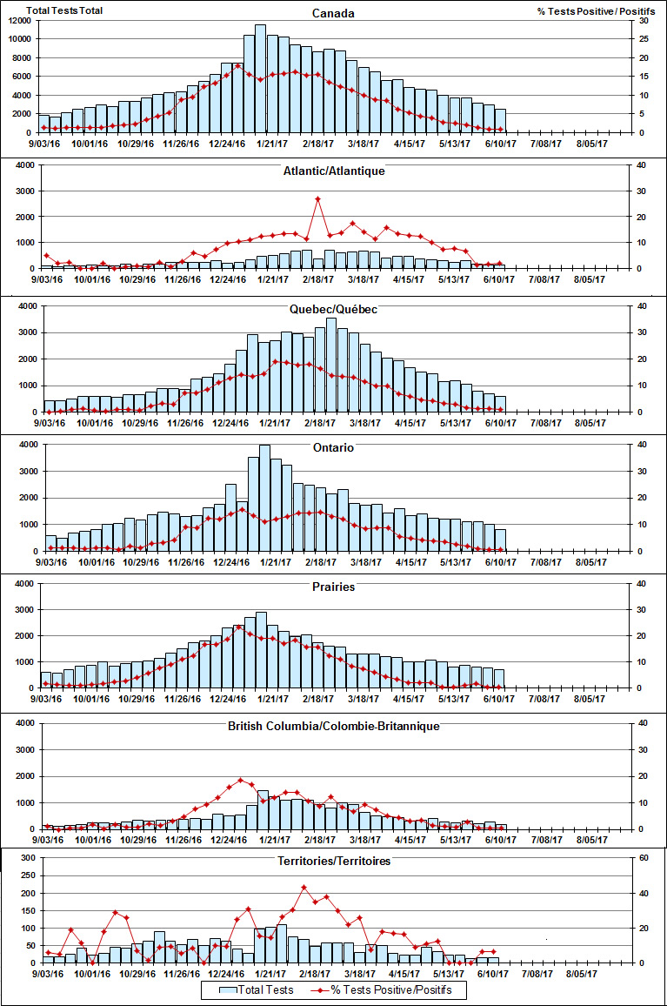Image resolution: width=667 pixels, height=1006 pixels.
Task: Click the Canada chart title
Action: [x=333, y=13]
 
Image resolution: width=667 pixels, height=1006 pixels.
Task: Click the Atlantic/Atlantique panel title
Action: [x=333, y=171]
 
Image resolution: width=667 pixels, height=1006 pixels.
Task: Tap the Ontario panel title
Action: [x=333, y=447]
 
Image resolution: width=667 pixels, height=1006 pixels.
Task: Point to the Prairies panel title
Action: [x=333, y=587]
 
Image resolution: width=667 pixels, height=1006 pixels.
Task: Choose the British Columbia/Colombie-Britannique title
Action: [x=333, y=726]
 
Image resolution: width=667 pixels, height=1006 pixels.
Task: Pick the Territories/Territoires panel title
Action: [x=333, y=861]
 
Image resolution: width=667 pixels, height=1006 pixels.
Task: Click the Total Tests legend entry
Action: [x=256, y=989]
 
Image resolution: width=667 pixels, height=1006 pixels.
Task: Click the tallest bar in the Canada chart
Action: [x=260, y=78]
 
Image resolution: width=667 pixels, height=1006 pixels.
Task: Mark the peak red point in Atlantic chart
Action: [x=318, y=199]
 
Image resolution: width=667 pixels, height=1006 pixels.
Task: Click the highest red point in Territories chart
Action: [x=303, y=888]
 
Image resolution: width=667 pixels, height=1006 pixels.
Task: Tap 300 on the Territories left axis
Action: [x=28, y=858]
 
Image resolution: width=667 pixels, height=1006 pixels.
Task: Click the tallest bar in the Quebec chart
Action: [x=330, y=365]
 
